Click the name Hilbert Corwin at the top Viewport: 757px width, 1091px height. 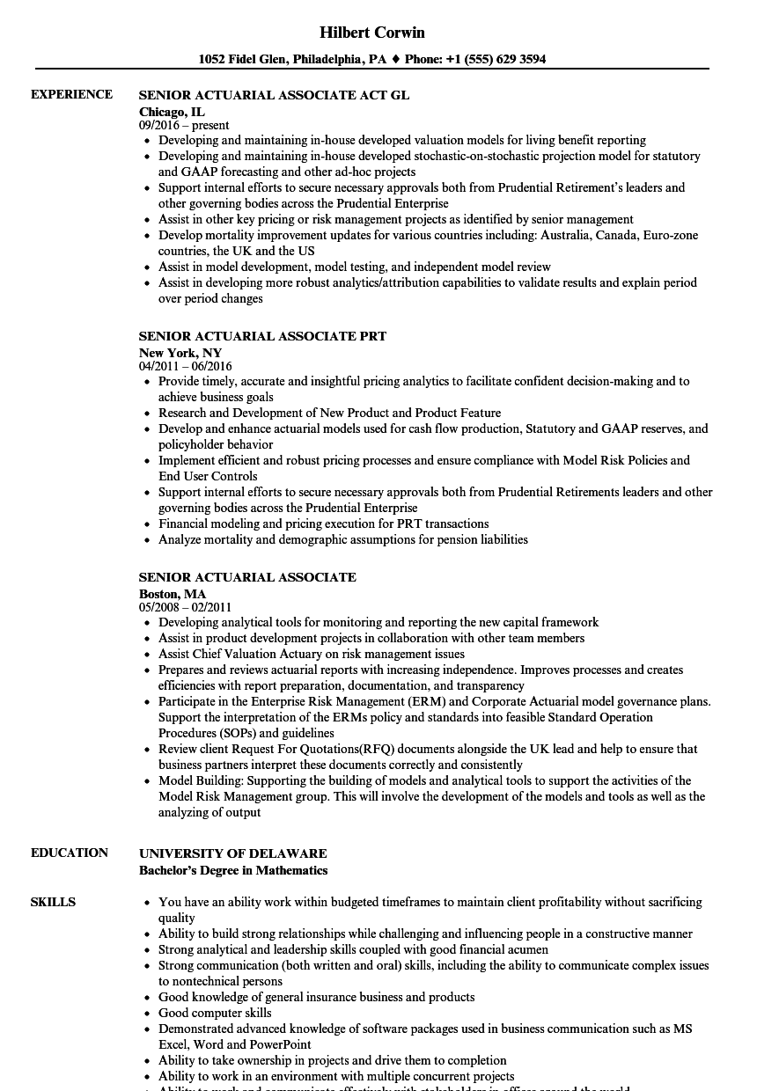pyautogui.click(x=371, y=33)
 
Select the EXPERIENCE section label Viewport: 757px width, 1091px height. pyautogui.click(x=71, y=94)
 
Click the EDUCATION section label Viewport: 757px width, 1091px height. pyautogui.click(x=70, y=853)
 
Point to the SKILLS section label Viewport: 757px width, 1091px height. pyautogui.click(x=53, y=902)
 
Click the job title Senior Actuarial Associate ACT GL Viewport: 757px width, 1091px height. pyautogui.click(x=274, y=95)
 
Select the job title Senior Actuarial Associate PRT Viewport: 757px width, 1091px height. pyautogui.click(x=262, y=336)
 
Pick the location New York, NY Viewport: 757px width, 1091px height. pyautogui.click(x=180, y=353)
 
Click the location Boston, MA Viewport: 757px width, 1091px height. pyautogui.click(x=173, y=594)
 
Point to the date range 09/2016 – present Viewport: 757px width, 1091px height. pyautogui.click(x=184, y=125)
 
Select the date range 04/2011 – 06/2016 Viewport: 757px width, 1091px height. pyautogui.click(x=186, y=366)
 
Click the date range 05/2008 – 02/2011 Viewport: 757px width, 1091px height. pyautogui.click(x=186, y=607)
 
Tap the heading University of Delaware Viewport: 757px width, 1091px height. pyautogui.click(x=232, y=853)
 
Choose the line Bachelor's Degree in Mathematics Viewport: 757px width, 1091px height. pyautogui.click(x=233, y=870)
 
